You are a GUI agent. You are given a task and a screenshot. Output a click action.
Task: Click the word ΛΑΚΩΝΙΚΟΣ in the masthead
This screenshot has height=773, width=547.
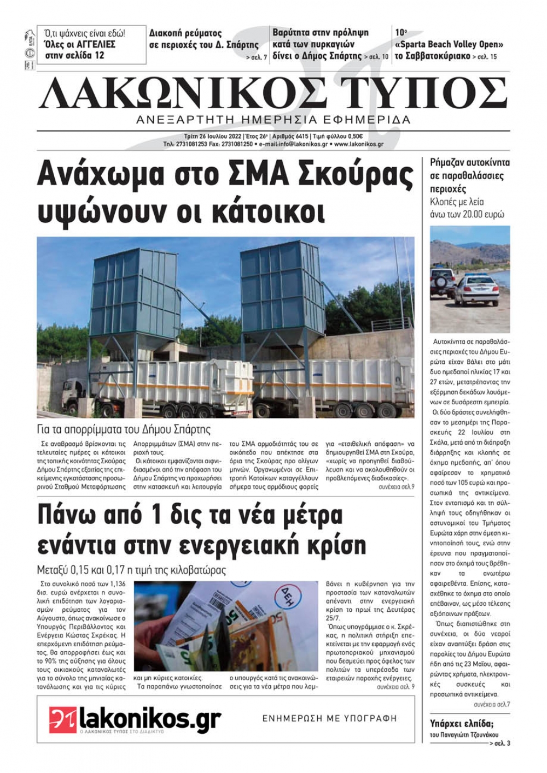[183, 93]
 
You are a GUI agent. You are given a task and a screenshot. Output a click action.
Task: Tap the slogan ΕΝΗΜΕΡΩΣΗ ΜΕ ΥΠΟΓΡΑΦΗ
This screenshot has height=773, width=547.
[329, 718]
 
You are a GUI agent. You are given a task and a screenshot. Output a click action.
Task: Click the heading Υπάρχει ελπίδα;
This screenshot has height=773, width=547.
[462, 724]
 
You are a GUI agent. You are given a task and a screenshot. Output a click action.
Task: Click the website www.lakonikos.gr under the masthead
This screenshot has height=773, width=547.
[358, 144]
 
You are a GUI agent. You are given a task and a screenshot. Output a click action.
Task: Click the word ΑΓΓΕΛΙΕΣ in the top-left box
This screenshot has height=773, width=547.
[90, 44]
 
